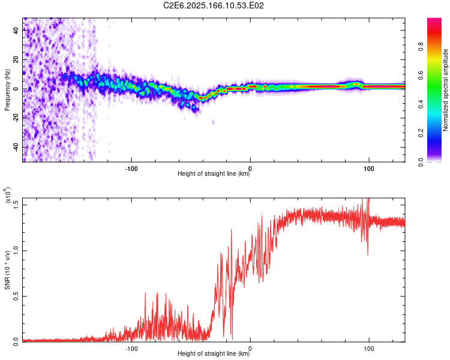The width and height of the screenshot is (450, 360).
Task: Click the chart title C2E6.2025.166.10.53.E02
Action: coord(213,5)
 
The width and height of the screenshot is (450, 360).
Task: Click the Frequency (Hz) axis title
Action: coord(7,89)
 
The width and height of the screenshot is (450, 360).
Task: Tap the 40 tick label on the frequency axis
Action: coord(16,30)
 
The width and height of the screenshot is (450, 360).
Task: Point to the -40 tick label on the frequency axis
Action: coord(16,148)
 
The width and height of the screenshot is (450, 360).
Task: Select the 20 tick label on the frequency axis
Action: coord(16,59)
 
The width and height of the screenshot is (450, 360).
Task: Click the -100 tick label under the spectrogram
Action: coord(131,169)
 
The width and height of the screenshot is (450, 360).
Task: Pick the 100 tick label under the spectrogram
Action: coord(369,169)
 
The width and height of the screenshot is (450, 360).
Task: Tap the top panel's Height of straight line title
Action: coord(214,173)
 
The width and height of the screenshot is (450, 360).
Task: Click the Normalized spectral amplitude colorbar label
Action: coord(445,89)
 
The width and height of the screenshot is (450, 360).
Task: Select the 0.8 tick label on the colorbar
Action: coord(421,47)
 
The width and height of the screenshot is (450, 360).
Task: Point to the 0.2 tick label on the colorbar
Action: coord(421,133)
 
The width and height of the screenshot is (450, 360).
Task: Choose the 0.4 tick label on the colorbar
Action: coord(421,104)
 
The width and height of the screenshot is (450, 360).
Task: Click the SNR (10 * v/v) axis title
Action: coord(7,270)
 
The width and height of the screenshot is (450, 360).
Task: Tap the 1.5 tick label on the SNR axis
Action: coord(16,205)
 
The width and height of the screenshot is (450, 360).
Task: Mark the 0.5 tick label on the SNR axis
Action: coord(16,296)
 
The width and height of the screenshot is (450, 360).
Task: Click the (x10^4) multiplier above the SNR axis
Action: coord(8,195)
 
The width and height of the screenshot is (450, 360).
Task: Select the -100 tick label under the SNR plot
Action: coord(131,349)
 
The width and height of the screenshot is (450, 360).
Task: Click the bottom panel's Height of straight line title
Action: coord(214,353)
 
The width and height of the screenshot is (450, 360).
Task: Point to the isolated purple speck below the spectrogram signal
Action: coord(213,122)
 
